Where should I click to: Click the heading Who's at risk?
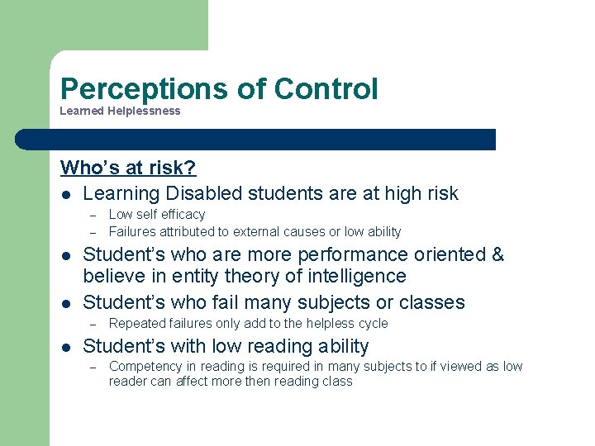pyautogui.click(x=128, y=168)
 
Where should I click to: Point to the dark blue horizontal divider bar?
pyautogui.click(x=256, y=140)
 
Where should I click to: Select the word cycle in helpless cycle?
pyautogui.click(x=371, y=324)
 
